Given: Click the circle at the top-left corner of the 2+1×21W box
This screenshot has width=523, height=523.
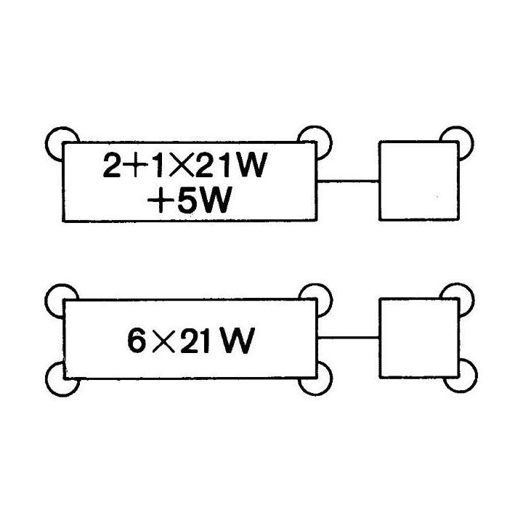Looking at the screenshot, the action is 62,144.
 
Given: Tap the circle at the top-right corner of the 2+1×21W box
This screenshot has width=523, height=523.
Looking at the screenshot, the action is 315,143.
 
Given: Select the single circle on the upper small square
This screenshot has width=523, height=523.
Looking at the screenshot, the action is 456,143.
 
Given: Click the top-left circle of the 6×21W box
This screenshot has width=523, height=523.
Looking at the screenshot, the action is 62,301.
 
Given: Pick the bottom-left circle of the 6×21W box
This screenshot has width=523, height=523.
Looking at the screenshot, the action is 62,379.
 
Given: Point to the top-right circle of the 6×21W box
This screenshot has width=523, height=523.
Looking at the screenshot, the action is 315,301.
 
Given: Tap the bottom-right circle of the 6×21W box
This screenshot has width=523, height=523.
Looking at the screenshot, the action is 315,378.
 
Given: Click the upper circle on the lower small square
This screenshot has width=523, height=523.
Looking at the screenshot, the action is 457,300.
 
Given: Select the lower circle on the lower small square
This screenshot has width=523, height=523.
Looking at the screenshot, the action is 460,376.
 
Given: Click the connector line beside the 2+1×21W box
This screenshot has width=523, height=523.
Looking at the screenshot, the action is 348,182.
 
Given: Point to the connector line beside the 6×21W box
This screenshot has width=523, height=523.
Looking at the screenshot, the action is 348,338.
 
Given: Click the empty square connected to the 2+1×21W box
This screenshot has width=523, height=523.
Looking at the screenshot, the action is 419,181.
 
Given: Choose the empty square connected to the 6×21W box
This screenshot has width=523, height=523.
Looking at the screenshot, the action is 420,338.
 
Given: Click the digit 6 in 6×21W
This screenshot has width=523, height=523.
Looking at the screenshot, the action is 137,341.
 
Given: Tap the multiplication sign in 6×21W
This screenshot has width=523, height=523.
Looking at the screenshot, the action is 163,341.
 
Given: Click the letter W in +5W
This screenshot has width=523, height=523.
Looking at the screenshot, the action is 216,200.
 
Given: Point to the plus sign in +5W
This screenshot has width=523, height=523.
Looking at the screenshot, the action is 161,200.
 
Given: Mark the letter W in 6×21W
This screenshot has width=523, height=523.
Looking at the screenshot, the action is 238,341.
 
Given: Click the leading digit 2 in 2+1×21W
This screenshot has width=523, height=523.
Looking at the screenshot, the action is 112,165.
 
